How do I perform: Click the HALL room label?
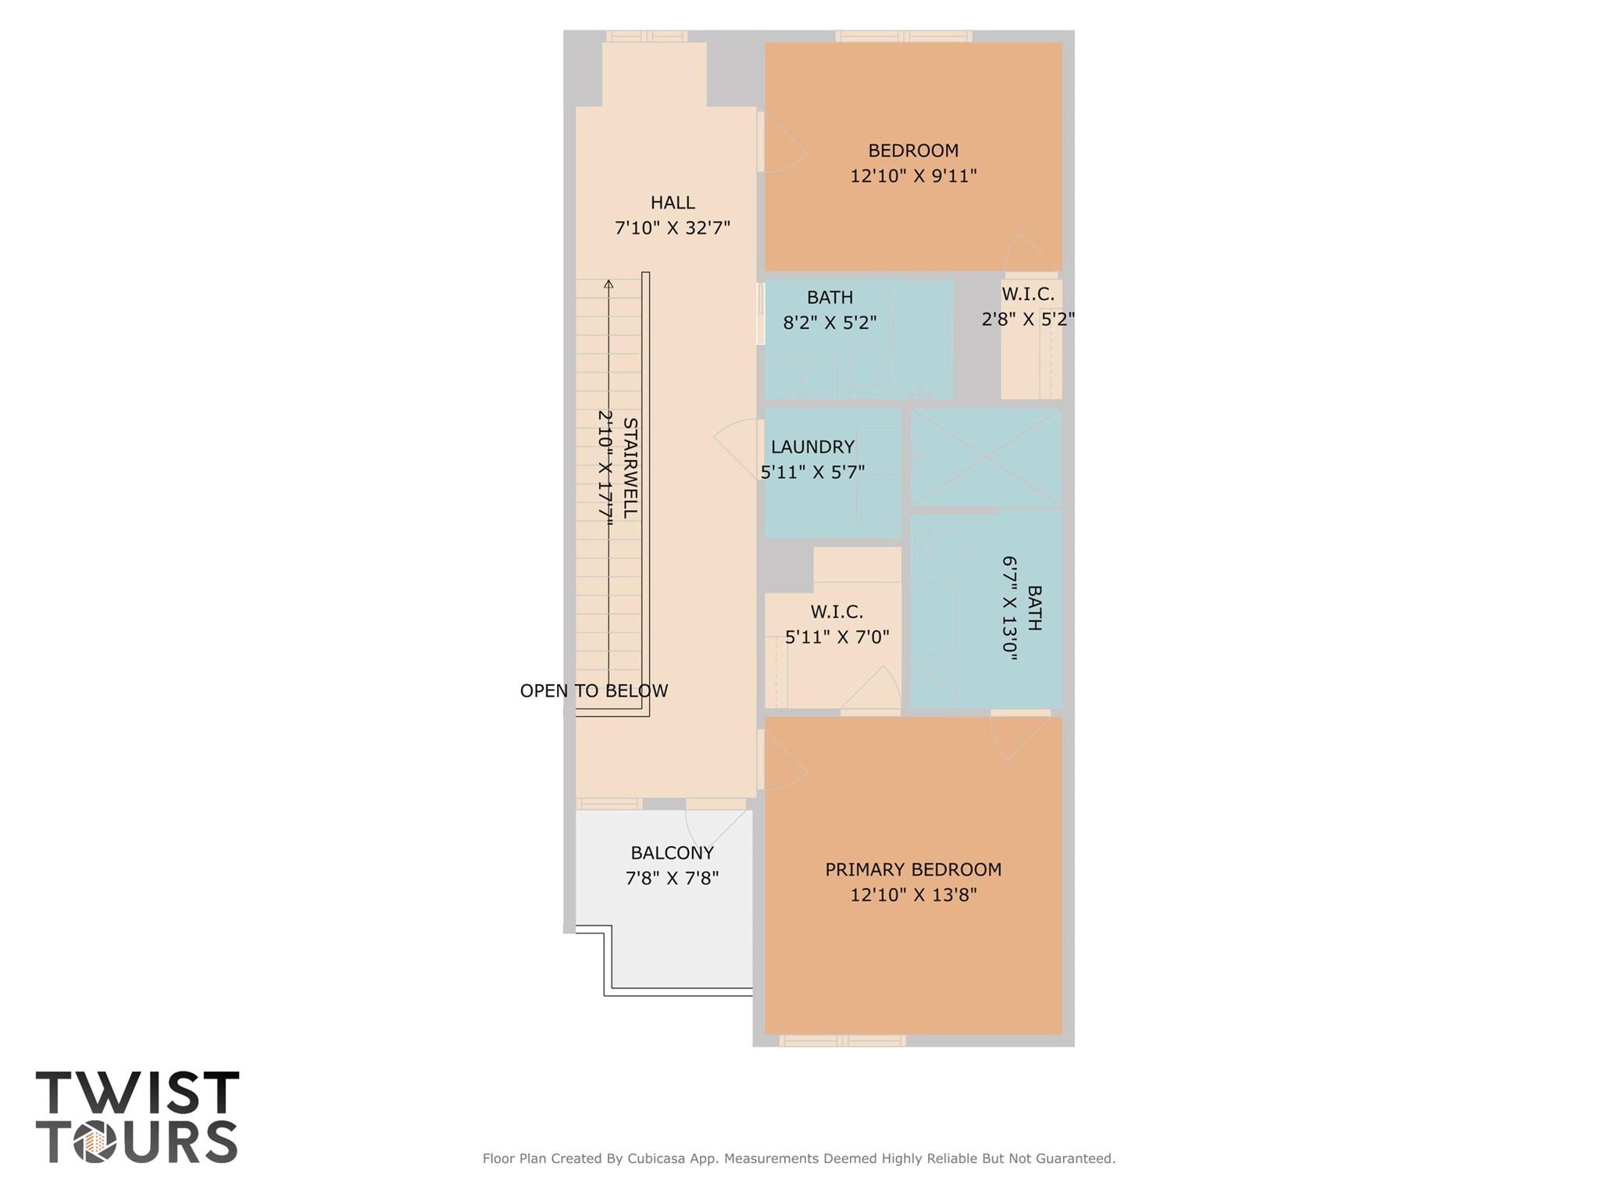coord(673,203)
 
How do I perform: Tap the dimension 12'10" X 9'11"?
coord(913,176)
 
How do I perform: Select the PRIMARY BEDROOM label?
coord(913,869)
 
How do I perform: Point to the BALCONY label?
coord(672,853)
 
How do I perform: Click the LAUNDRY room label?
coord(812,447)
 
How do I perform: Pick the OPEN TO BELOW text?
coord(594,690)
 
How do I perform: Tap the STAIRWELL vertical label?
coord(630,468)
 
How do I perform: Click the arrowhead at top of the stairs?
coord(609,284)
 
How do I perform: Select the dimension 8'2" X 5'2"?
coord(830,323)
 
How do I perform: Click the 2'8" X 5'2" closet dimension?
coord(1028,319)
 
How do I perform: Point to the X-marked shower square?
coord(986,457)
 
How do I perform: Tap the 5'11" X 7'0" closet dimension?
coord(837,637)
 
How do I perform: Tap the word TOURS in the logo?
coord(137,1142)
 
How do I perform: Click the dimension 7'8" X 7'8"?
coord(672,878)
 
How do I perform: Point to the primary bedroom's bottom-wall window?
coord(843,1040)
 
